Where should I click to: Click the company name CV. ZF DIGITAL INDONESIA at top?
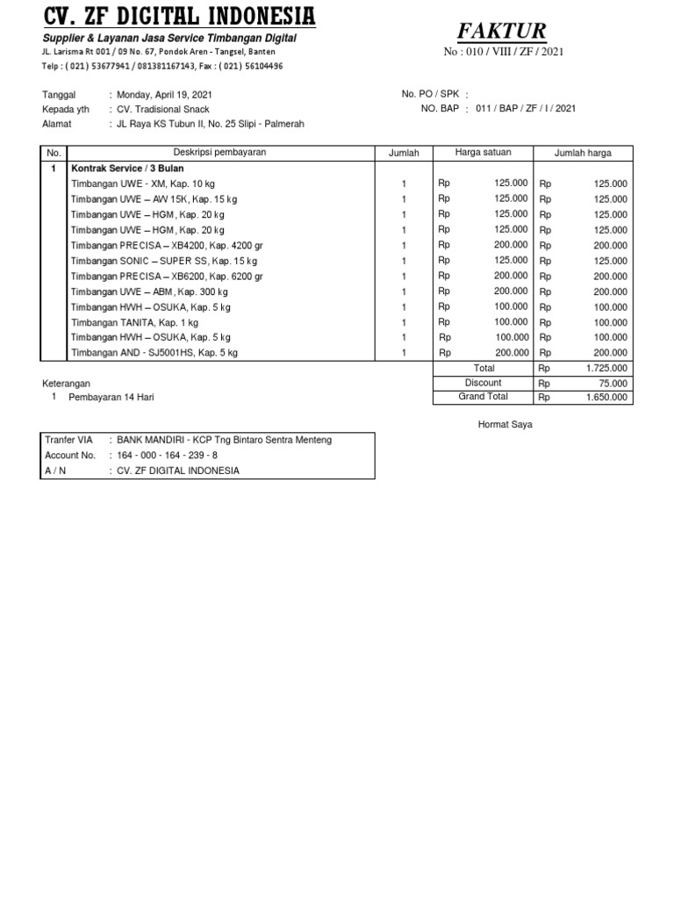point(180,16)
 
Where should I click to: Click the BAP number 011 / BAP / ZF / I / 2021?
point(526,109)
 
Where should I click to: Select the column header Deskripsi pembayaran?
point(219,153)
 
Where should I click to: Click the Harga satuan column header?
point(483,153)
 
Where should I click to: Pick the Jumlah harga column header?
point(583,153)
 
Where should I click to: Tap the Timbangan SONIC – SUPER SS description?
point(164,261)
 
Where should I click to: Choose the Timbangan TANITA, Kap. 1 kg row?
point(134,322)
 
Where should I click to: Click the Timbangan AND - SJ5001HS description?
point(154,353)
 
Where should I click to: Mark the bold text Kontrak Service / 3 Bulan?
point(127,168)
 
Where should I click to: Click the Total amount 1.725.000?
point(606,369)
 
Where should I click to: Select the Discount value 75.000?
point(613,384)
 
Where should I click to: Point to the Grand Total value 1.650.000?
point(606,398)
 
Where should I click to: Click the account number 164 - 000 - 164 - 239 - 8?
point(168,456)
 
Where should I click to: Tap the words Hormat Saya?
point(505,425)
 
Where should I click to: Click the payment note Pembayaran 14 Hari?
point(111,397)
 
